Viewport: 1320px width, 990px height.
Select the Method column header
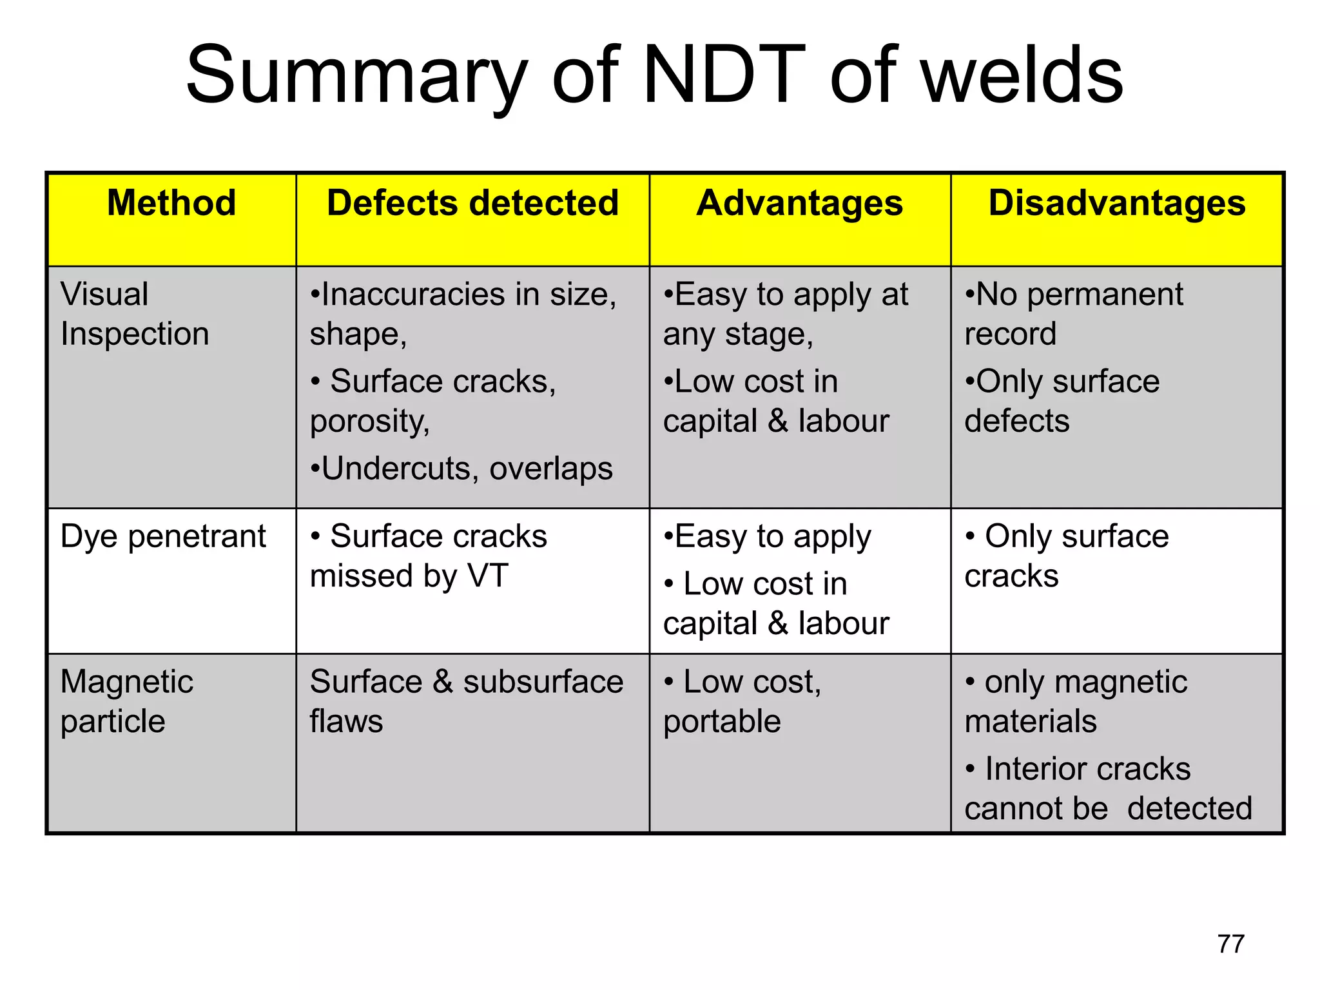coord(171,203)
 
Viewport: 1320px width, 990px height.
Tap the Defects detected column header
coord(472,203)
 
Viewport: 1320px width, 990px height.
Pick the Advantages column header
coord(799,203)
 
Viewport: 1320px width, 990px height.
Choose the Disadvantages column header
coord(1117,203)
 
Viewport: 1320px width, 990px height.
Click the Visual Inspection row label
coord(134,315)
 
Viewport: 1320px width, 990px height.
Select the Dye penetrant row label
coord(163,536)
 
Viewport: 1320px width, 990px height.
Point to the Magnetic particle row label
coord(126,701)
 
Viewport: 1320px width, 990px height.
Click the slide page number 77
coord(1230,944)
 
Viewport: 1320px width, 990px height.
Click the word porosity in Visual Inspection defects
coord(369,422)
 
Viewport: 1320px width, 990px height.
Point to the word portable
coord(722,722)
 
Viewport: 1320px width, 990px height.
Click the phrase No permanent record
coord(1074,315)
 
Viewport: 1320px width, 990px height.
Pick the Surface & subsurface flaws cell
coord(466,701)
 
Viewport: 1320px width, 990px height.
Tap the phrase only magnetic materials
coord(1076,701)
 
